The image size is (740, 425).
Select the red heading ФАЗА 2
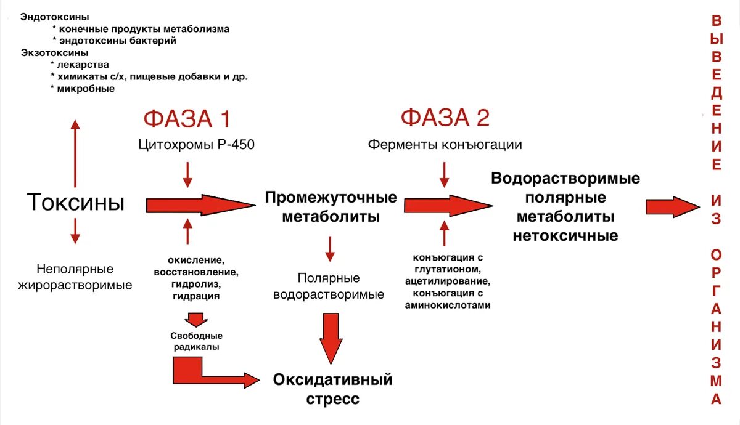[x=445, y=118]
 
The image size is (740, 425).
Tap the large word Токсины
[x=76, y=202]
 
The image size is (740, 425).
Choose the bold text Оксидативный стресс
[x=333, y=389]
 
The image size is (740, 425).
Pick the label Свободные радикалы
[x=196, y=341]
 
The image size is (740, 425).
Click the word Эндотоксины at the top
[x=54, y=17]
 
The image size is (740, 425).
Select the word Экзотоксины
[x=54, y=52]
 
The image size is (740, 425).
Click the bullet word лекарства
[x=81, y=65]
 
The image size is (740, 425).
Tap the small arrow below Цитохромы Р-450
[x=187, y=174]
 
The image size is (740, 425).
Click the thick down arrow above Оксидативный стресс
[x=331, y=338]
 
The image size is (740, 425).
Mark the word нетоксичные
[x=565, y=235]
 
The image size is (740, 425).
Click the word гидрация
[x=196, y=296]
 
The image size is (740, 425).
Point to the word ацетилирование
[x=448, y=281]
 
